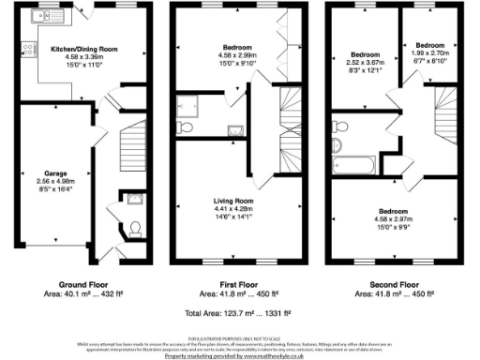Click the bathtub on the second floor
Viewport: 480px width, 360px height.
[353, 167]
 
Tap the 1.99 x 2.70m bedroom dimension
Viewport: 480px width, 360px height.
[430, 54]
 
